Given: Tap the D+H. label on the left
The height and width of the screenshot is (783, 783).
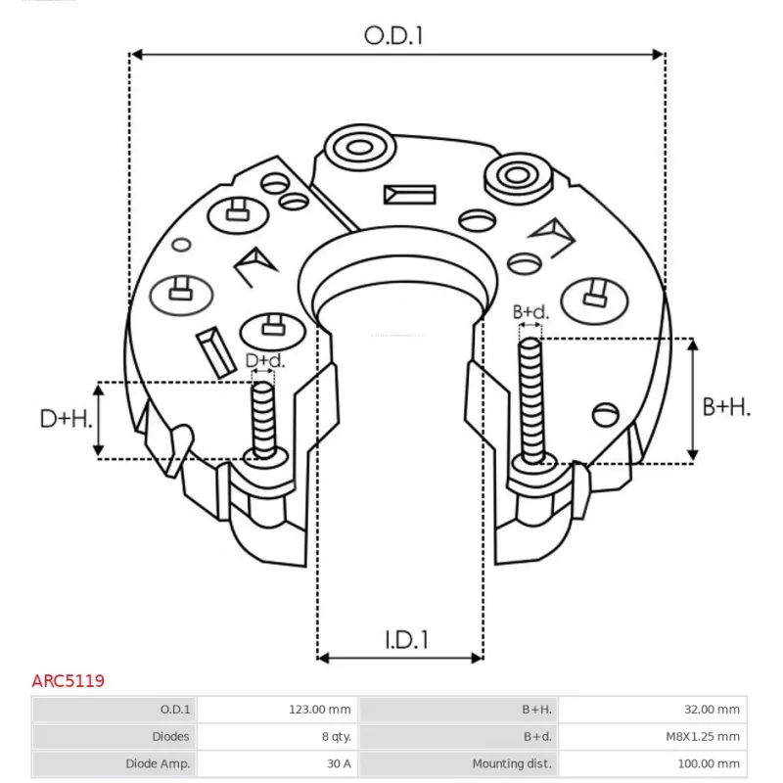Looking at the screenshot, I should pyautogui.click(x=67, y=419).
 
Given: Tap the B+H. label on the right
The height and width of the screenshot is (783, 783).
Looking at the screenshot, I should pyautogui.click(x=726, y=407).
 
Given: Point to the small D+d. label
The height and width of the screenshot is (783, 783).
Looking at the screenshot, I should pyautogui.click(x=264, y=361).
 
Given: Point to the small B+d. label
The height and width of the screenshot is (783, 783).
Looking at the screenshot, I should pyautogui.click(x=531, y=312).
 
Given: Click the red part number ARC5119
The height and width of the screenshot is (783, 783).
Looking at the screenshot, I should pyautogui.click(x=69, y=679).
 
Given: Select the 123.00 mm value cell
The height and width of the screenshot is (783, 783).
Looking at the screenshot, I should pyautogui.click(x=278, y=710).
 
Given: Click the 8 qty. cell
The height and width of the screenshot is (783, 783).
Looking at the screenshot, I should pyautogui.click(x=278, y=736).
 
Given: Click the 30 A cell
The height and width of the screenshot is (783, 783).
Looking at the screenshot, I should pyautogui.click(x=278, y=762).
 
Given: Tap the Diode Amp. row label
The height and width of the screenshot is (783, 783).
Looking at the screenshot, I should pyautogui.click(x=115, y=762).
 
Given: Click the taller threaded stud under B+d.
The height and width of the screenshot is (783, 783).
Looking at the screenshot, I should pyautogui.click(x=530, y=397).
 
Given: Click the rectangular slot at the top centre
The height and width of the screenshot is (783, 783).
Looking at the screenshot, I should pyautogui.click(x=408, y=194).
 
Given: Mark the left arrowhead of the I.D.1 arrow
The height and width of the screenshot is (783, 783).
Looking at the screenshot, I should pyautogui.click(x=324, y=656).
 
